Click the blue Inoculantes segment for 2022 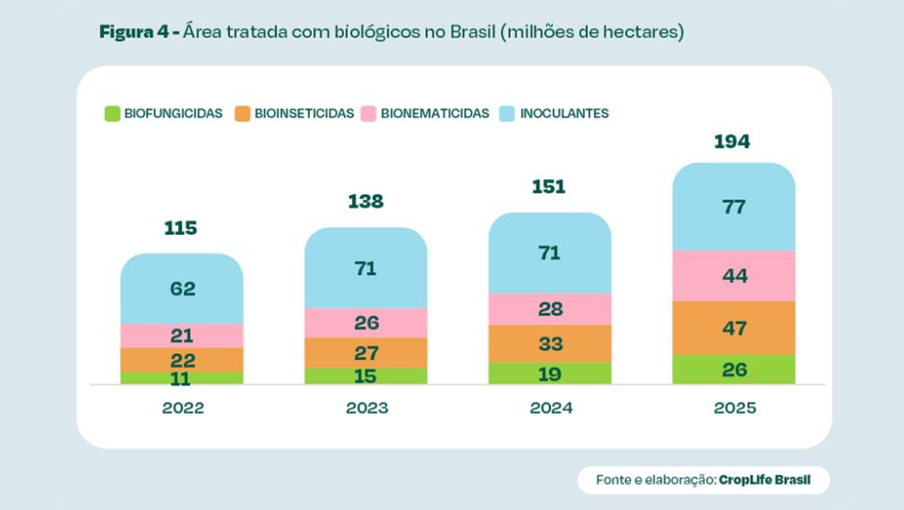(x=182, y=289)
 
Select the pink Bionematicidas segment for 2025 (x=734, y=276)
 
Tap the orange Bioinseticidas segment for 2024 (x=550, y=344)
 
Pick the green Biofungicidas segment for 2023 (x=365, y=375)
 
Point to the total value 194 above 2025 (x=733, y=142)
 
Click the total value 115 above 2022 (x=181, y=228)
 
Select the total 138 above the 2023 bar (x=365, y=201)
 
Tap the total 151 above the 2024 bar (x=549, y=187)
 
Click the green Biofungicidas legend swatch (x=112, y=114)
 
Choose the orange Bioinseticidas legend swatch (x=242, y=114)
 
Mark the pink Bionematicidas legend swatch (x=368, y=114)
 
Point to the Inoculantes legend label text (x=565, y=114)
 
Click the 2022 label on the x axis (x=183, y=408)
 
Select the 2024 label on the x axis (x=551, y=408)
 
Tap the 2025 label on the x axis (x=735, y=408)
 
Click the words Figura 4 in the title (x=135, y=32)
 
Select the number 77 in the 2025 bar (x=734, y=207)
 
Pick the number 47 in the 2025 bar (x=734, y=328)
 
